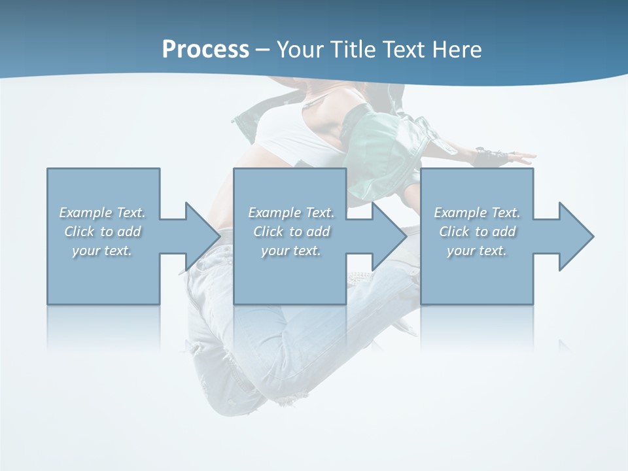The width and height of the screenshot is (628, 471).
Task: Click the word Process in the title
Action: (x=205, y=50)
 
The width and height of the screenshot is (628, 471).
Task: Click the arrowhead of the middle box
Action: (x=388, y=236)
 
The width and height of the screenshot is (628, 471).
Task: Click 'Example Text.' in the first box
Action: (x=103, y=213)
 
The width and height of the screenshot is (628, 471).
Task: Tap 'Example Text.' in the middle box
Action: (x=291, y=213)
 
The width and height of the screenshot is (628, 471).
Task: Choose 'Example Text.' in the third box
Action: (x=477, y=213)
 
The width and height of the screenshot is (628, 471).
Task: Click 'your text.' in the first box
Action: (x=103, y=251)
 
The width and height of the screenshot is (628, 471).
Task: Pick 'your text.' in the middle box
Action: (x=291, y=251)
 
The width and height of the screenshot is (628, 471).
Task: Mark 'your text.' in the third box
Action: (x=477, y=251)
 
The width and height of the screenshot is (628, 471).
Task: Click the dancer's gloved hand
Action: (x=491, y=157)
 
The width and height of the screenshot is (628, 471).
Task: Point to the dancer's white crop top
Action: (x=288, y=131)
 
